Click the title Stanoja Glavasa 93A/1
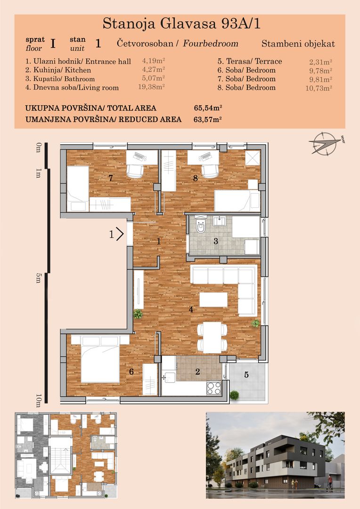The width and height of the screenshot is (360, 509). pyautogui.click(x=181, y=24)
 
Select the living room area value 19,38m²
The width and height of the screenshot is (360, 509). pyautogui.click(x=152, y=87)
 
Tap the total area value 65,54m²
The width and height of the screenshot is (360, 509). pyautogui.click(x=208, y=108)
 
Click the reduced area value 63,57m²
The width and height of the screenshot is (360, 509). pyautogui.click(x=207, y=119)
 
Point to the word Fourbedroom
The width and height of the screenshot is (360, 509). pyautogui.click(x=210, y=43)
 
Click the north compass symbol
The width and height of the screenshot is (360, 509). pyautogui.click(x=325, y=143)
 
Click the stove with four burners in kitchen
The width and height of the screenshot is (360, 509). pyautogui.click(x=214, y=388)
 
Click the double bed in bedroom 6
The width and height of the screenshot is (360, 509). pyautogui.click(x=100, y=359)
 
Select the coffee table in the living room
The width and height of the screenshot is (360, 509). pyautogui.click(x=213, y=300)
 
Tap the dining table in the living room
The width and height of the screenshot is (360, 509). pyautogui.click(x=213, y=337)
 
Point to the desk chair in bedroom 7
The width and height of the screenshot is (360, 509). pyautogui.click(x=135, y=171)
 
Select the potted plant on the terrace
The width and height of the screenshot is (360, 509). pyautogui.click(x=234, y=395)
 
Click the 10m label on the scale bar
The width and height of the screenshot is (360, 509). pyautogui.click(x=39, y=401)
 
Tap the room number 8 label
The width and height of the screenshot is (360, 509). pyautogui.click(x=196, y=178)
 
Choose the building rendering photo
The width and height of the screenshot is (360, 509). pyautogui.click(x=275, y=455)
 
